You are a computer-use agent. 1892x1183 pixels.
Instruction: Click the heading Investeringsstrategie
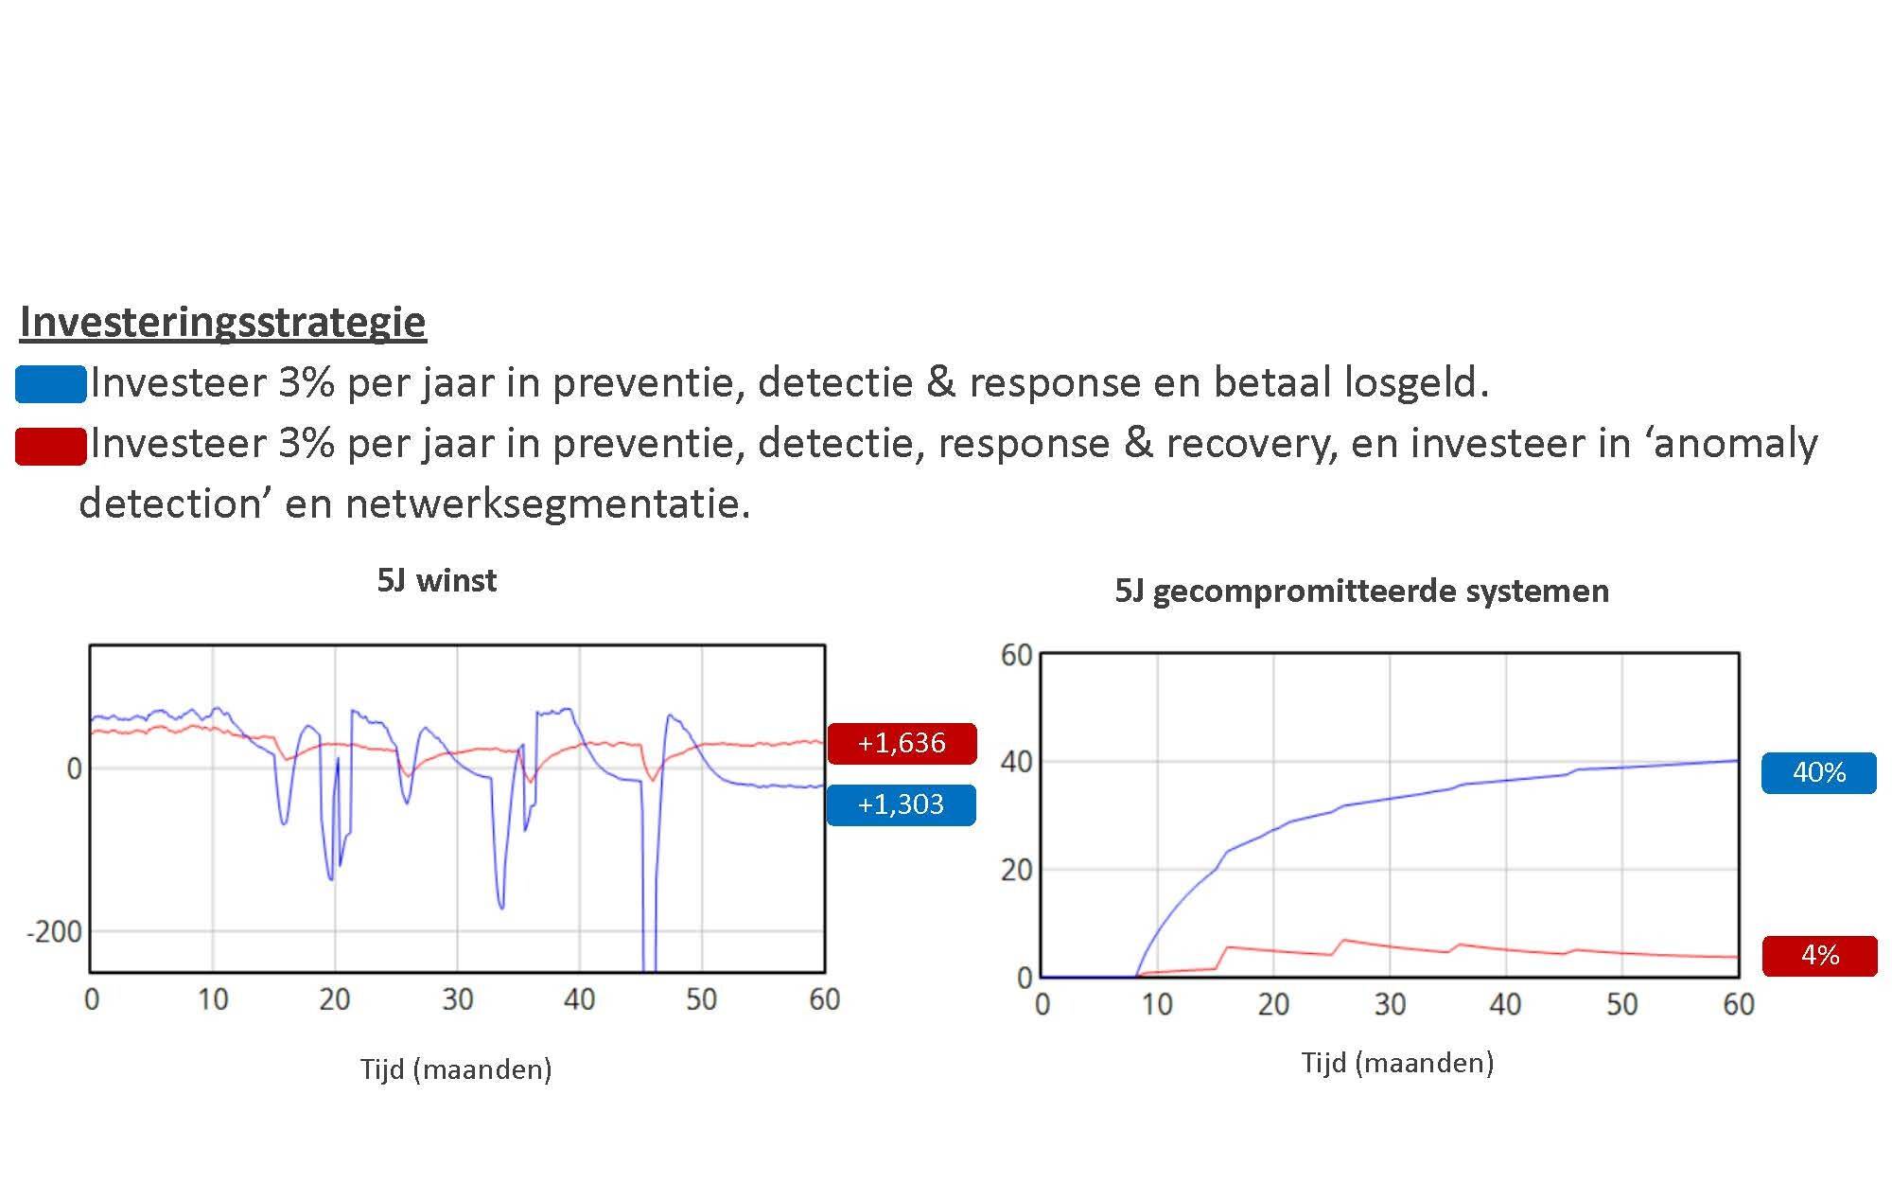coord(223,322)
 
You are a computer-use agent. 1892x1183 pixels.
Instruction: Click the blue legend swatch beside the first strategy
coord(51,384)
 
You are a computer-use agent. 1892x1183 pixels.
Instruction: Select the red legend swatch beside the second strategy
coord(51,446)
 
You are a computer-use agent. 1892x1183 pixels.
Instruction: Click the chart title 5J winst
coord(436,580)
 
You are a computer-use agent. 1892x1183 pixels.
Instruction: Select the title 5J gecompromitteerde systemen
coord(1361,591)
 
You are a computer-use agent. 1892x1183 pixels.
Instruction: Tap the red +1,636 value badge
coord(902,743)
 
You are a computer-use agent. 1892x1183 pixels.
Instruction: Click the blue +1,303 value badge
coord(902,804)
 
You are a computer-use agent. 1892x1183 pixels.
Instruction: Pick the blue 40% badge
coord(1819,772)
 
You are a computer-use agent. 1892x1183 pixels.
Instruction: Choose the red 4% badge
coord(1820,955)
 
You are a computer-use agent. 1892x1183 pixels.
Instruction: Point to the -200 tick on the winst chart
coord(54,932)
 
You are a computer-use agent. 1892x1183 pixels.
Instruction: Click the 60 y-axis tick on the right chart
coord(1016,655)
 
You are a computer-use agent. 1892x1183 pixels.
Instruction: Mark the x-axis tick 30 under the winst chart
coord(457,999)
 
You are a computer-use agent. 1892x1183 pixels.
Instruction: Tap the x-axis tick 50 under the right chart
coord(1621,1004)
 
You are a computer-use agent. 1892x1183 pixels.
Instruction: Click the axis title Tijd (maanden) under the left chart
coord(456,1069)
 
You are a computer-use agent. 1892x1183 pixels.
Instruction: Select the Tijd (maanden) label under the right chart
coord(1397,1063)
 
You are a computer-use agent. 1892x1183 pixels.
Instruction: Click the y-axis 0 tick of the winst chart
coord(74,768)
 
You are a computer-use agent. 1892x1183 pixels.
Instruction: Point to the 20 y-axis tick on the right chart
coord(1016,870)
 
